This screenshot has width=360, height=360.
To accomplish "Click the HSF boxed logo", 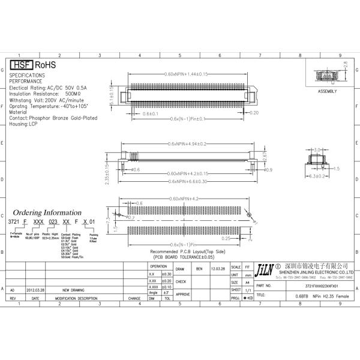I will [x=22, y=65].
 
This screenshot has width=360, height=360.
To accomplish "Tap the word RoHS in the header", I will [x=46, y=65].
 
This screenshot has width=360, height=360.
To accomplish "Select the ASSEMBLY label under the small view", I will [x=327, y=91].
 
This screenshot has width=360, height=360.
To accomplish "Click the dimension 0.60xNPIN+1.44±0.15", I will [x=186, y=74].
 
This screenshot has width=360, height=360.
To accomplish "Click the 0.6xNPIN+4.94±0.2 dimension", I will [x=186, y=144].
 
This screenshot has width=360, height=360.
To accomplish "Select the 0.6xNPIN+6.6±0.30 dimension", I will [x=186, y=181].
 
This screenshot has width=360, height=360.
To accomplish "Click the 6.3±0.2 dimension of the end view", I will [x=316, y=176].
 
